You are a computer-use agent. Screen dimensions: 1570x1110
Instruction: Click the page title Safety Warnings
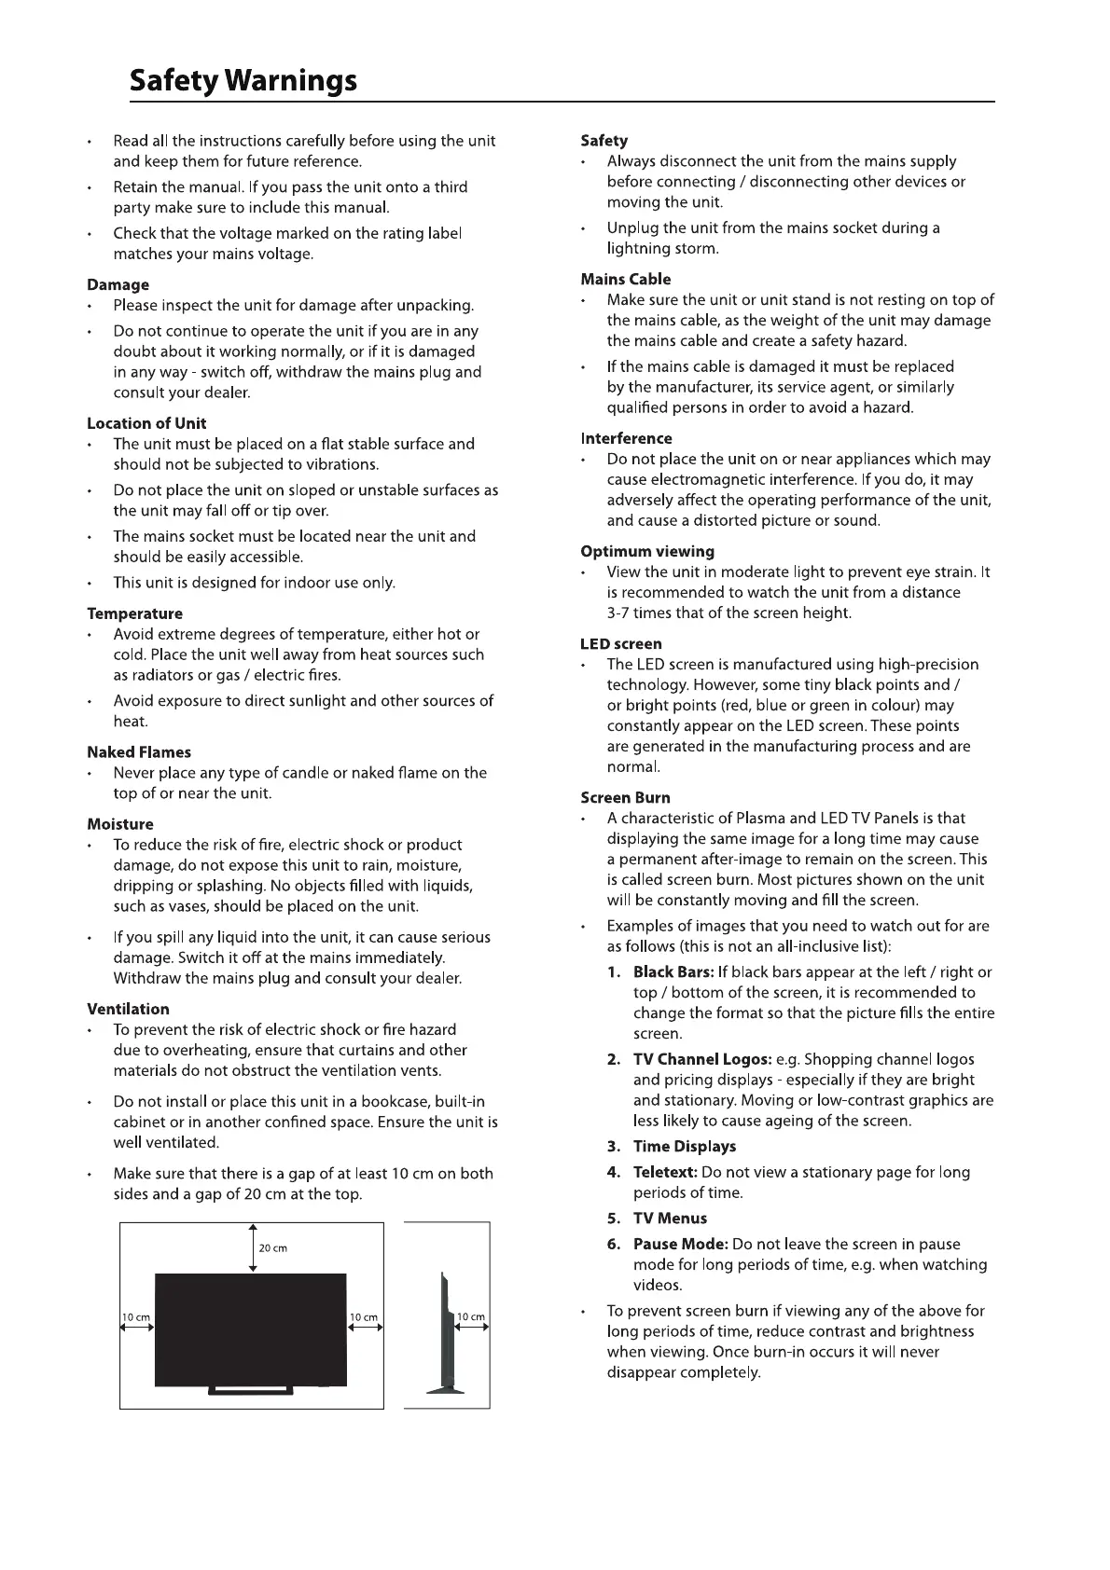[x=243, y=81]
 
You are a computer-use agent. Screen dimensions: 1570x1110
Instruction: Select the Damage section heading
[x=118, y=284]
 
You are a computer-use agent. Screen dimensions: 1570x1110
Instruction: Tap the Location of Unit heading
[x=146, y=423]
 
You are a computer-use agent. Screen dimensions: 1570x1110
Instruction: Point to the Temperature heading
[x=134, y=613]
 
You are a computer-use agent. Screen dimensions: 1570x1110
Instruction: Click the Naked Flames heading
[x=139, y=752]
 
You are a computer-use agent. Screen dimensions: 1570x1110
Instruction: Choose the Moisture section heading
[x=119, y=824]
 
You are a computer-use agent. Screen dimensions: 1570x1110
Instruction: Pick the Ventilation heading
[x=128, y=1009]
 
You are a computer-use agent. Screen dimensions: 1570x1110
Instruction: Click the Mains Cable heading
[x=625, y=279]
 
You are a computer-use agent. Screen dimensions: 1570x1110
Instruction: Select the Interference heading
[x=626, y=438]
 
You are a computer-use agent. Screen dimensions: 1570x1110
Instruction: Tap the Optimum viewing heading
[x=647, y=551]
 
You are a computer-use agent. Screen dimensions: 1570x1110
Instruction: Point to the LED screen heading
[x=621, y=643]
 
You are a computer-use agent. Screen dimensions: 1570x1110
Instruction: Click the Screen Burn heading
[x=625, y=797]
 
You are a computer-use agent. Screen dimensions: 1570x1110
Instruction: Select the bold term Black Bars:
[x=673, y=972]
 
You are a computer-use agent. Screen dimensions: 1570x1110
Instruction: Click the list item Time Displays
[x=685, y=1147]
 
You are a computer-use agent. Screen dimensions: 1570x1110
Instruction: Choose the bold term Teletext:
[x=665, y=1172]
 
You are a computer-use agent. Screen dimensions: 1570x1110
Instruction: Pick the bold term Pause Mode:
[x=680, y=1244]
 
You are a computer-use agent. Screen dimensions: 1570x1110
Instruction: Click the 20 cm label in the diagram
[x=273, y=1248]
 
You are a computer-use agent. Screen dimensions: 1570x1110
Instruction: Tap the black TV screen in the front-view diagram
[x=251, y=1329]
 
